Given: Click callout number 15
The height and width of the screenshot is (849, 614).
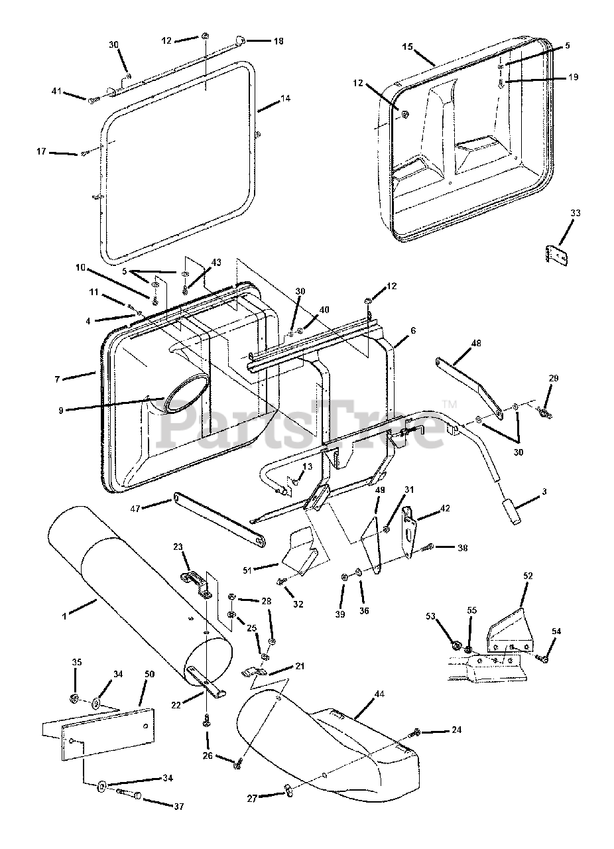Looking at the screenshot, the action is click(407, 47).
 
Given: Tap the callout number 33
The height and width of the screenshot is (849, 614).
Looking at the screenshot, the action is click(576, 213).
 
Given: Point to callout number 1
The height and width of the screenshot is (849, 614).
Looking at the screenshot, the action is click(64, 617).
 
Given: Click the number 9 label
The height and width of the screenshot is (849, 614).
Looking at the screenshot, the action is click(61, 411).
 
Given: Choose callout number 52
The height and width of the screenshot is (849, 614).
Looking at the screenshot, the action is click(528, 576).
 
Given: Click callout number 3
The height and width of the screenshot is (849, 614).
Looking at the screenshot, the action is click(544, 492).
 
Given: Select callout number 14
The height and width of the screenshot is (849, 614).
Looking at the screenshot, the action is click(285, 98).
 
